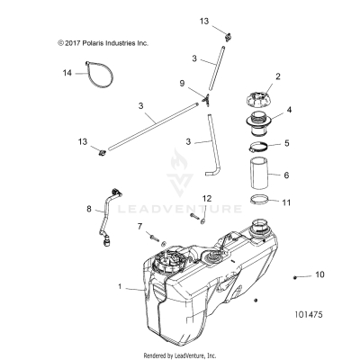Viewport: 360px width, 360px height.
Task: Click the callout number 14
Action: coord(67,72)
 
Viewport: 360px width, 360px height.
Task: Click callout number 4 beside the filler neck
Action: coord(289,112)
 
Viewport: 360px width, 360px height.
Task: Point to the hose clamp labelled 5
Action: coord(256,144)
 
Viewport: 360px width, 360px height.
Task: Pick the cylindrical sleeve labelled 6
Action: coord(257,176)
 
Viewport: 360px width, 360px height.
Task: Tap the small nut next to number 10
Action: coord(297,275)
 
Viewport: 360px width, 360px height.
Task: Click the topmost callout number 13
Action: coord(203,19)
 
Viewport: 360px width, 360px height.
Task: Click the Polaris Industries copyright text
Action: coord(103,42)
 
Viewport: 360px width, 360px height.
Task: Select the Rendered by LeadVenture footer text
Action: coord(180,354)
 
